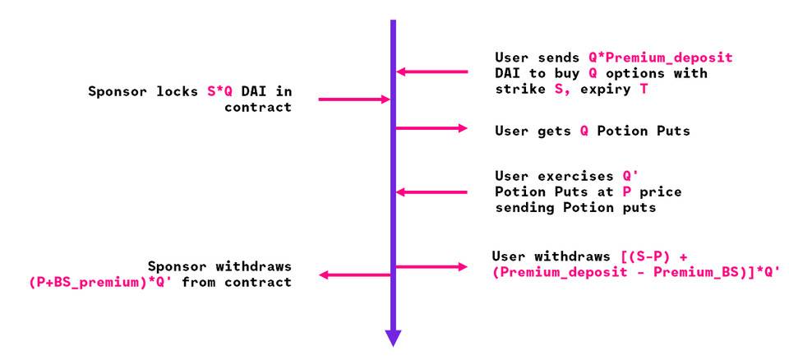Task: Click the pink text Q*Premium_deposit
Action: [x=661, y=58]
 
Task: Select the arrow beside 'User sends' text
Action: [x=432, y=72]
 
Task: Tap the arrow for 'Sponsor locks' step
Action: [x=354, y=99]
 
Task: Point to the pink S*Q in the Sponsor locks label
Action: [x=220, y=91]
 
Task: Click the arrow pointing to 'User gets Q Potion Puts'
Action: [x=431, y=128]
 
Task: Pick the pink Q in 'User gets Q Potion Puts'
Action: [x=584, y=132]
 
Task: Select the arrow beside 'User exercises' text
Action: [x=432, y=192]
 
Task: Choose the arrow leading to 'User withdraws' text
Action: [x=431, y=267]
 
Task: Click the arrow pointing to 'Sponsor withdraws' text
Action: [x=355, y=275]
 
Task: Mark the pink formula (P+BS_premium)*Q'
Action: [x=101, y=282]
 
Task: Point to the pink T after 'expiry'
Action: [x=644, y=89]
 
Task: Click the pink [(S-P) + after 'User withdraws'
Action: [x=654, y=256]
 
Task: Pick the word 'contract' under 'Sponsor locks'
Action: [x=257, y=107]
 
